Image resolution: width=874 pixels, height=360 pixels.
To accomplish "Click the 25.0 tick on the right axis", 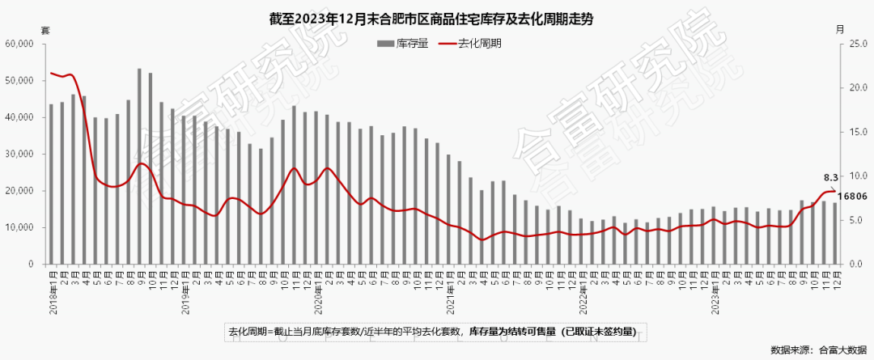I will tap(858, 44).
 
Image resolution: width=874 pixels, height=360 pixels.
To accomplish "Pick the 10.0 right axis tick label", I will tap(858, 176).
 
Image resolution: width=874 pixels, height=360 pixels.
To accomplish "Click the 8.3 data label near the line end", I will tap(830, 177).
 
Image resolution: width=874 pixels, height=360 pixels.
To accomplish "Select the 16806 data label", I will tap(851, 196).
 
